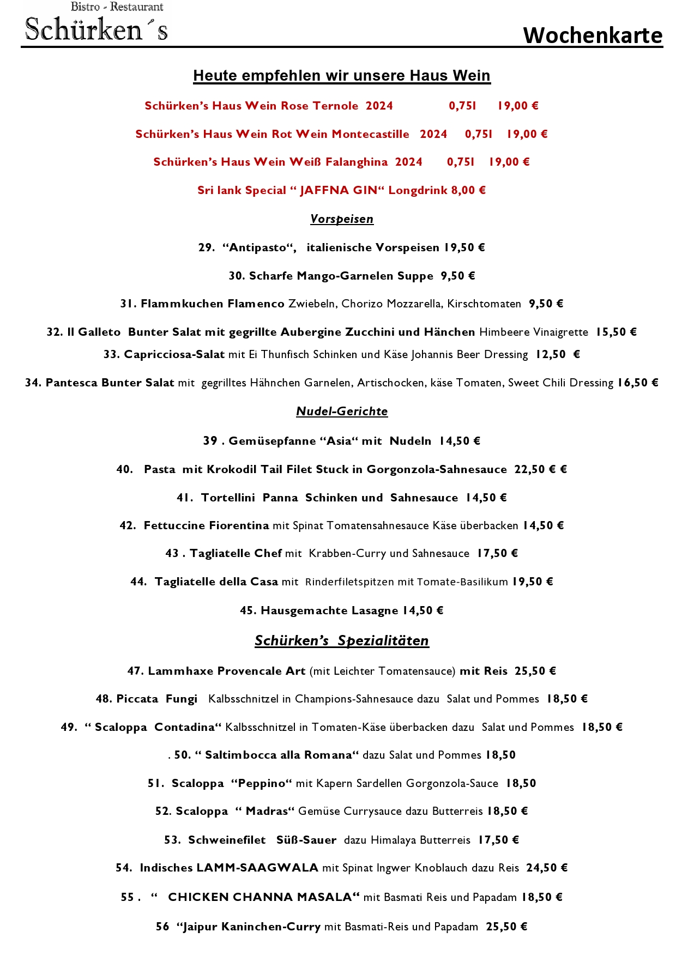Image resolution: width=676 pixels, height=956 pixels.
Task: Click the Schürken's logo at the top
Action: pos(96,23)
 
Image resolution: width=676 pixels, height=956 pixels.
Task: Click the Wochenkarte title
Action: pos(593,35)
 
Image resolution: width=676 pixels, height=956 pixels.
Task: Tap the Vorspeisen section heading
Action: pos(342,219)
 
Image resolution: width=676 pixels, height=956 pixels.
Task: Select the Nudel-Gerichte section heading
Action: pos(342,412)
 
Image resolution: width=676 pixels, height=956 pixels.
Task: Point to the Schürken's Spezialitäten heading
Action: pos(342,641)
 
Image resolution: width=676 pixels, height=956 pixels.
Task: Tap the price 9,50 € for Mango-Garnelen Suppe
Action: pos(458,276)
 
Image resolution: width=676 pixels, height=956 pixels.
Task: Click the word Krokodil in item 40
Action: pos(232,469)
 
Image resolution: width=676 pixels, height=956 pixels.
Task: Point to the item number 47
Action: pos(135,671)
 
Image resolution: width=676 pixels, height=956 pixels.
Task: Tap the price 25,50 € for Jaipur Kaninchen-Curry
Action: pos(506,927)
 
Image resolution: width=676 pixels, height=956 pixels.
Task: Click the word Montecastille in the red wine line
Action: pos(370,134)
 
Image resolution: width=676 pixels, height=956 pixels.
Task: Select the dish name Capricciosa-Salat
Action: pos(174,354)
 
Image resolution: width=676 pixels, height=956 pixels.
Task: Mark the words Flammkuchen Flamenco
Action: pos(212,304)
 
